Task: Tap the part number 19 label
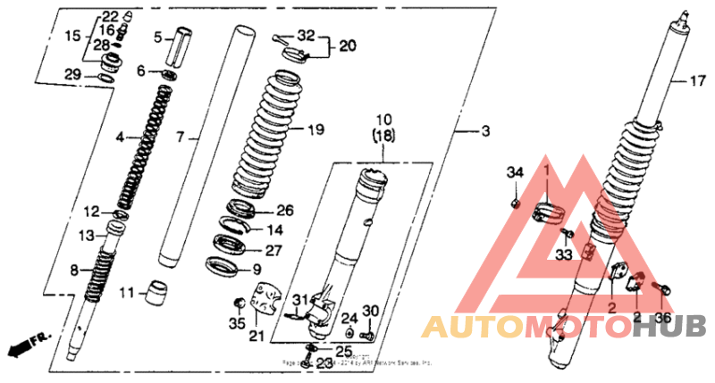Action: [x=315, y=130]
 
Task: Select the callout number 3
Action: [x=485, y=131]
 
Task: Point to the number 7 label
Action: [x=179, y=137]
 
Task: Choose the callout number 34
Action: [x=515, y=172]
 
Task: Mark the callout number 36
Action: [x=661, y=317]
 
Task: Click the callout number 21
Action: [x=257, y=336]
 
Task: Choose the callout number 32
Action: [x=307, y=36]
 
